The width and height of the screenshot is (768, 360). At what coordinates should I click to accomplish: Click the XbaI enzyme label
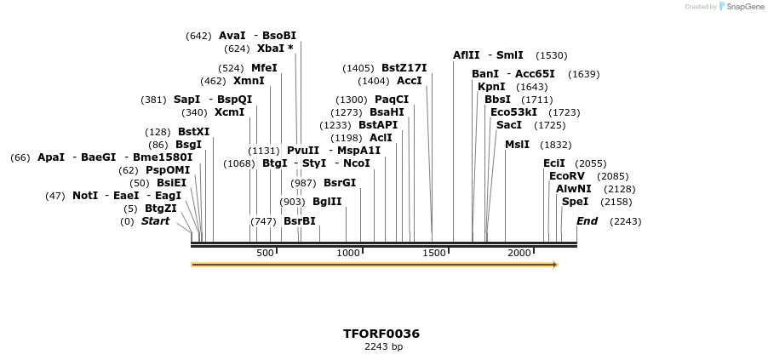tap(271, 49)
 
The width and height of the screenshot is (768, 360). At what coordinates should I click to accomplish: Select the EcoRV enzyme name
tap(567, 176)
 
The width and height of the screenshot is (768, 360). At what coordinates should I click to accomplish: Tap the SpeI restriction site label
tap(575, 202)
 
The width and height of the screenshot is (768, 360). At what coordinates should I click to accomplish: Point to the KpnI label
tap(491, 87)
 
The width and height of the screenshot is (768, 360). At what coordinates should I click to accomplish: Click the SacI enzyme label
tap(508, 125)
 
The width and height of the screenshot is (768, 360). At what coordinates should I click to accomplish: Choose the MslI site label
tap(517, 145)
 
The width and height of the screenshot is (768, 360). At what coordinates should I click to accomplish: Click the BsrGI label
tap(340, 183)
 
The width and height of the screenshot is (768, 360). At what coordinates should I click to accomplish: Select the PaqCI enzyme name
tap(392, 100)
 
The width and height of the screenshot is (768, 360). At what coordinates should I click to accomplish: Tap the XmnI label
tap(249, 81)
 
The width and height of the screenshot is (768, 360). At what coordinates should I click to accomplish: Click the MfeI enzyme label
tap(264, 68)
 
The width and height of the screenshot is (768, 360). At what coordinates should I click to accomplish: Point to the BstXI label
tap(193, 132)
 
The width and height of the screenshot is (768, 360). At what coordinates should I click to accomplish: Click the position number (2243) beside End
tap(621, 221)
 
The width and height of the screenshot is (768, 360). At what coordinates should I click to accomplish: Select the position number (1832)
tap(555, 145)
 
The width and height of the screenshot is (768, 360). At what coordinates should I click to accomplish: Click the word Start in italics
tap(155, 221)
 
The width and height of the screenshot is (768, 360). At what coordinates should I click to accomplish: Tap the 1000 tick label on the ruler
tap(348, 254)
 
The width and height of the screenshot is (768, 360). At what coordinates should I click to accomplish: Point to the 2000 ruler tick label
tap(519, 254)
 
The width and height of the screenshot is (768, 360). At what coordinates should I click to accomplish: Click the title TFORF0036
tap(381, 334)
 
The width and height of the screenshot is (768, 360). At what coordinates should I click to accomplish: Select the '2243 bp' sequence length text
tap(383, 347)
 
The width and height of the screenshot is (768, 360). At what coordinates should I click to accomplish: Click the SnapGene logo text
tap(744, 7)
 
